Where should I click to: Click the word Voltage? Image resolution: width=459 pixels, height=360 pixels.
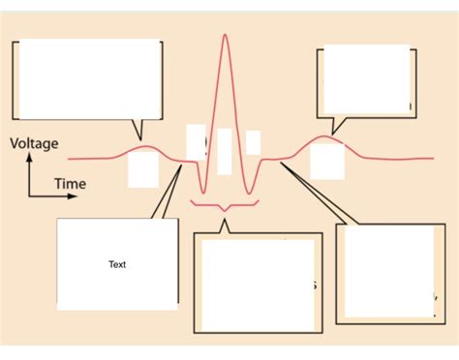[x=34, y=144]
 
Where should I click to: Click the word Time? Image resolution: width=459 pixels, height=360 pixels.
[x=70, y=183]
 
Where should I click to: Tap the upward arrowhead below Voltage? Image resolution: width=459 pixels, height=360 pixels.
[x=29, y=160]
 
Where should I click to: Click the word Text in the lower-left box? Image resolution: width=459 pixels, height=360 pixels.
[x=117, y=264]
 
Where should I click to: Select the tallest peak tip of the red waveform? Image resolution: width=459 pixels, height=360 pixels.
[x=226, y=36]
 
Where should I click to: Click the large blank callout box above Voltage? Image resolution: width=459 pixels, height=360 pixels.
[x=90, y=77]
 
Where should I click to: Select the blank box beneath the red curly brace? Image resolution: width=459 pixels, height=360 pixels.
[x=259, y=283]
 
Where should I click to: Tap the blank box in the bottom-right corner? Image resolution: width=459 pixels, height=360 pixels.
[x=384, y=272]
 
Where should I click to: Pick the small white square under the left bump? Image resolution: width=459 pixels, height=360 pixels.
[x=142, y=169]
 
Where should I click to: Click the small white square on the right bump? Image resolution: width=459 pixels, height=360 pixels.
[x=326, y=161]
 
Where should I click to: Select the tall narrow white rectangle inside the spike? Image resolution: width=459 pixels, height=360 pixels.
[x=225, y=151]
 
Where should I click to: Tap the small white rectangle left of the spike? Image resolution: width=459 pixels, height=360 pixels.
[x=196, y=141]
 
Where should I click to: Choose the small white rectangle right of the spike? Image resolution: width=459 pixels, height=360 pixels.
[x=253, y=142]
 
